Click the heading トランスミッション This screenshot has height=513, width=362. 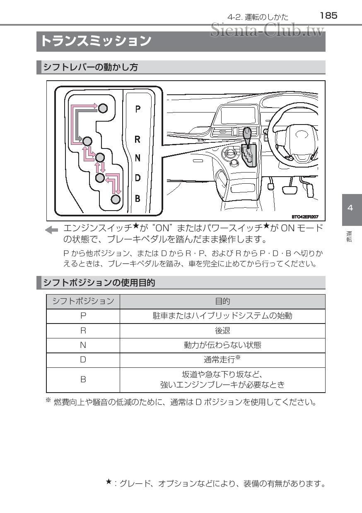[95, 41]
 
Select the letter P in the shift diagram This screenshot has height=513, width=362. [138, 109]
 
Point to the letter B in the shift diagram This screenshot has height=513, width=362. [138, 198]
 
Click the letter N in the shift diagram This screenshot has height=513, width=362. [138, 158]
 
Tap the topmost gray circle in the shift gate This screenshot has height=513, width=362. [103, 108]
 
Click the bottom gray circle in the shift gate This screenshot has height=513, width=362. [116, 199]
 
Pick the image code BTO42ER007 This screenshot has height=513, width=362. [305, 216]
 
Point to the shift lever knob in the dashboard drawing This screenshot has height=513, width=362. [247, 134]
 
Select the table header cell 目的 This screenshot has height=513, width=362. [222, 301]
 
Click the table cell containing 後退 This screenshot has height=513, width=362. [222, 330]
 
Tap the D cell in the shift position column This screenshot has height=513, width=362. [83, 360]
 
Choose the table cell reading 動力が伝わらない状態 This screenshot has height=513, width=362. [222, 345]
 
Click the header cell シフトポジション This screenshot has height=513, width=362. [83, 301]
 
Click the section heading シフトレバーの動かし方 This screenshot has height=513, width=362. [91, 67]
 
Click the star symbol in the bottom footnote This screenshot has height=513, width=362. [108, 481]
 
